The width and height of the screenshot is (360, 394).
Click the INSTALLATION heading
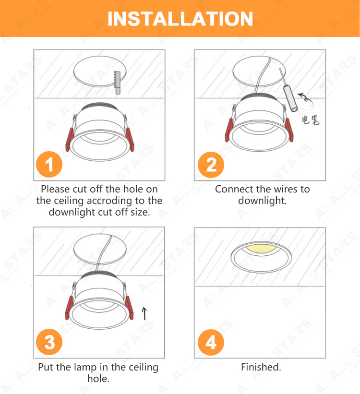tap(180, 19)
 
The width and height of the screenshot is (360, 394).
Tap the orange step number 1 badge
tap(49, 164)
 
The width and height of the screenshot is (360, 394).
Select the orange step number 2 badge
tap(211, 165)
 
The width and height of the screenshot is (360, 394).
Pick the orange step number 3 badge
tap(49, 342)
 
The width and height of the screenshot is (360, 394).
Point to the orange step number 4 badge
tap(211, 342)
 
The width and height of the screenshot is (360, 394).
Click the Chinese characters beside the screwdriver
tap(311, 120)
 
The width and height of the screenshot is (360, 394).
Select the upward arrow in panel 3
tap(144, 313)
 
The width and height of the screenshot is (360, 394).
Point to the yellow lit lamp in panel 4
tap(261, 249)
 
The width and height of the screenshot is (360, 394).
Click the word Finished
tap(261, 367)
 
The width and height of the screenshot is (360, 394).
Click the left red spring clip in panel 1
tap(69, 140)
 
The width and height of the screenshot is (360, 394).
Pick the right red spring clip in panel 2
tap(289, 130)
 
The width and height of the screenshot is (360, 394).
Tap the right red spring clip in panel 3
tap(129, 308)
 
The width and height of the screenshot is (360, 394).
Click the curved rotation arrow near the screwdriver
tap(305, 98)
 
